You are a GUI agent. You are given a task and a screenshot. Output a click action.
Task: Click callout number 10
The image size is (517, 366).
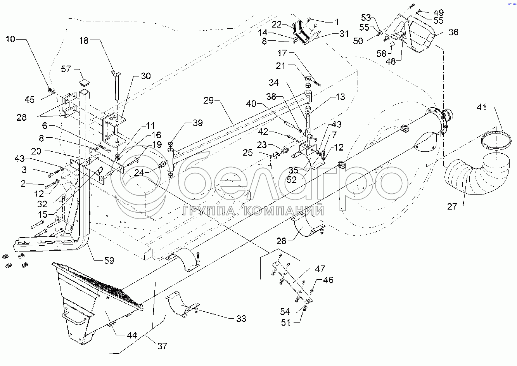(10, 39)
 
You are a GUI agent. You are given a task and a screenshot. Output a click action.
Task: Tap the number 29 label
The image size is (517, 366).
(209, 101)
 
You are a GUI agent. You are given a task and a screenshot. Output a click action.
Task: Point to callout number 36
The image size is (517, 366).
(453, 32)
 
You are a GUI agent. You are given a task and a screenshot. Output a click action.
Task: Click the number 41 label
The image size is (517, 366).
(481, 108)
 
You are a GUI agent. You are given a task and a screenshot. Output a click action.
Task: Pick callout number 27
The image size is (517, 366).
(452, 206)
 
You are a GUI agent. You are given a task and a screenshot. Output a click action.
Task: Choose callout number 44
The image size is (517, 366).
(132, 335)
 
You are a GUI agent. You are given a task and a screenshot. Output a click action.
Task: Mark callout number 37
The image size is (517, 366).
(162, 345)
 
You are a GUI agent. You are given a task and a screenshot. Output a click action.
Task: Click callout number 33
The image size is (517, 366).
(241, 319)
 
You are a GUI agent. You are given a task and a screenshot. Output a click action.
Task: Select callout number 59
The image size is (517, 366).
(109, 260)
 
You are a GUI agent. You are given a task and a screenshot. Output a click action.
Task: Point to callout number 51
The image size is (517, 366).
(286, 322)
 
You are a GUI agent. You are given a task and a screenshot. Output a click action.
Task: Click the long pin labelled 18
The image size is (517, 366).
(117, 87)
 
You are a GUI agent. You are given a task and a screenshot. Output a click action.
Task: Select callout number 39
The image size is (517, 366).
(197, 123)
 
